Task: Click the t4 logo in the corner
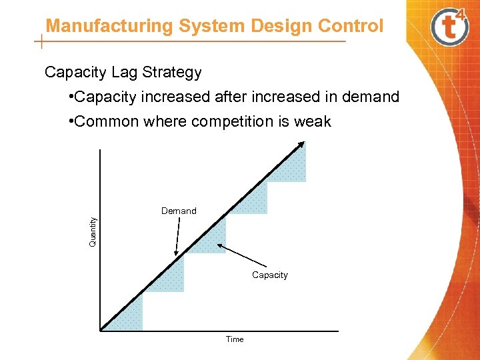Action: pyautogui.click(x=450, y=27)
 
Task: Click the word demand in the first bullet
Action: pyautogui.click(x=370, y=97)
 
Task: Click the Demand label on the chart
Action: pyautogui.click(x=179, y=211)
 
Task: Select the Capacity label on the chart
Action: pyautogui.click(x=270, y=275)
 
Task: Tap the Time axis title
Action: pyautogui.click(x=235, y=339)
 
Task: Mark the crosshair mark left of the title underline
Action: pyautogui.click(x=42, y=43)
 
